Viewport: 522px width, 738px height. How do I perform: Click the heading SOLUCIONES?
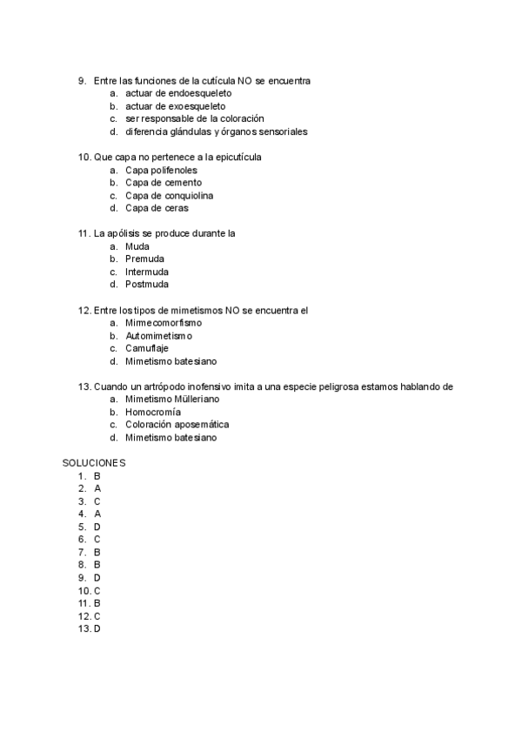[x=94, y=463]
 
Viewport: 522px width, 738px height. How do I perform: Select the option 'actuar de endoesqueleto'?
[x=178, y=93]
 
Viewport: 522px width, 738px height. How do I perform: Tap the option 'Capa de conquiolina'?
[x=169, y=196]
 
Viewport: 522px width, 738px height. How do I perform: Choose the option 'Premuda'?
[x=144, y=259]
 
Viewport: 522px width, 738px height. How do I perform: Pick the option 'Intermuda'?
[x=147, y=272]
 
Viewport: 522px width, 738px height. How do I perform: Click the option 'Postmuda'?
[x=147, y=285]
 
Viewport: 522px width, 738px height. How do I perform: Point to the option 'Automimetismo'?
[x=158, y=335]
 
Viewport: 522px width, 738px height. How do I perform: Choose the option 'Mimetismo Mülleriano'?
[x=172, y=399]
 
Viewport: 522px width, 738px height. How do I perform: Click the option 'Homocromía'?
[x=153, y=412]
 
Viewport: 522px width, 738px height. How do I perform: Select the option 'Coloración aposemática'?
[x=177, y=425]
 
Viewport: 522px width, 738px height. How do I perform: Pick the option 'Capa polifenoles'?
[x=161, y=171]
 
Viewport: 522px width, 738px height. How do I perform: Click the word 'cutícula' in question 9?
[x=217, y=81]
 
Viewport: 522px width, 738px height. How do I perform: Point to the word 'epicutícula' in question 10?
[x=238, y=158]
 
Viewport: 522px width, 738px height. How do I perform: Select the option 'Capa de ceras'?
[x=157, y=209]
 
